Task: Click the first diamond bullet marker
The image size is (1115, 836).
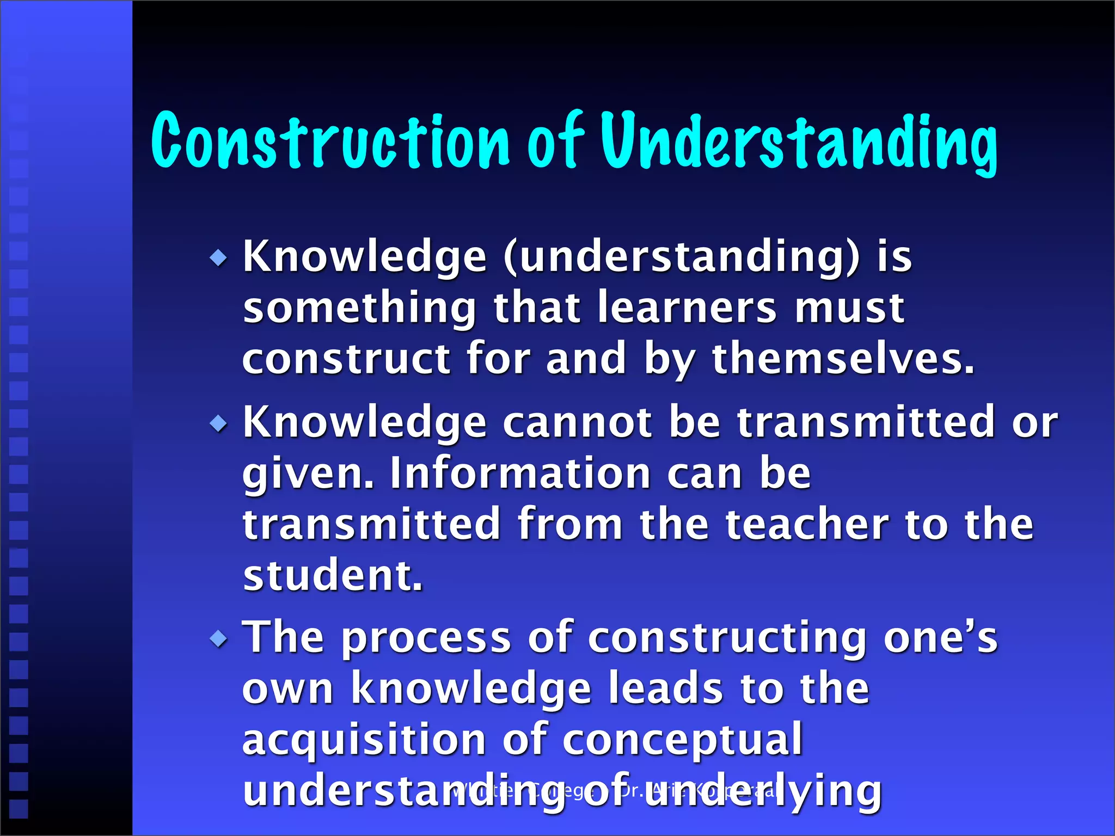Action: coord(219,257)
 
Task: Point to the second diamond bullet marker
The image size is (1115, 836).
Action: coord(219,423)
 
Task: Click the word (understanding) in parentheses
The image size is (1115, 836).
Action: coord(681,257)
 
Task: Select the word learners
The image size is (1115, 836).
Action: coord(687,308)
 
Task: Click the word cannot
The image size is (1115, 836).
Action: coord(577,422)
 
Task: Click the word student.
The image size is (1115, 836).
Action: coord(333,575)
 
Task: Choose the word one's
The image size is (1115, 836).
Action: coord(940,638)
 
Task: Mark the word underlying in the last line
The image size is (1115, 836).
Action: coord(762,791)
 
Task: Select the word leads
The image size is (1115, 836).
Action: coord(665,689)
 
